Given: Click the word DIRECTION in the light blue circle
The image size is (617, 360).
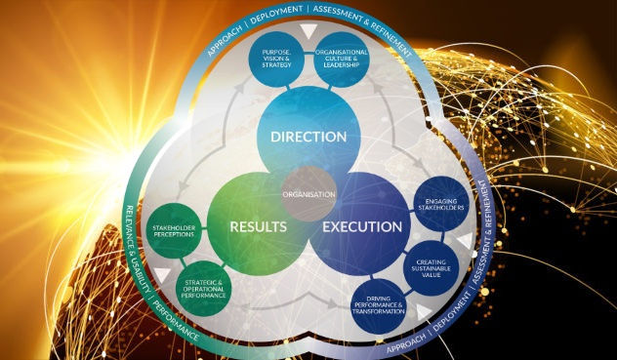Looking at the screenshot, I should (308, 136).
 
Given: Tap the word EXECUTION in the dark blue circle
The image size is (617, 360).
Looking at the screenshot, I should (364, 226).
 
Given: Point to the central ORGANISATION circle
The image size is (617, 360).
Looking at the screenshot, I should (309, 193).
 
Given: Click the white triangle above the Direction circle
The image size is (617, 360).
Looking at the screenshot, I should (309, 33).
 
